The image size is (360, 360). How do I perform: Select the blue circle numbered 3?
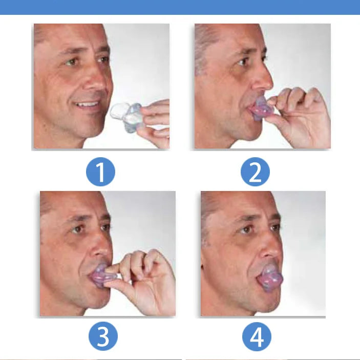(x=103, y=337)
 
